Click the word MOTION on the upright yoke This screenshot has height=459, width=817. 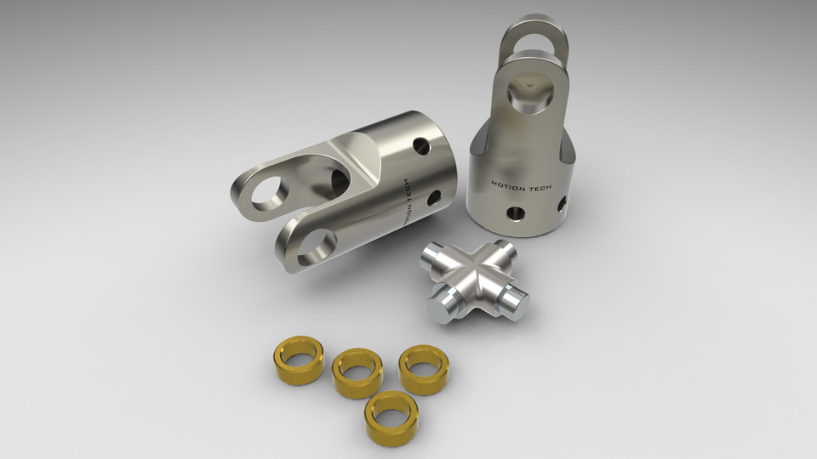[507, 184]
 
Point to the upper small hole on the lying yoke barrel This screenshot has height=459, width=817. [419, 146]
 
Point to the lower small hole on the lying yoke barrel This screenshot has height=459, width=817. [434, 199]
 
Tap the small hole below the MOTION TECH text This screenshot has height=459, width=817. [514, 212]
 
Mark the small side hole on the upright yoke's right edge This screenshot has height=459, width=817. [562, 204]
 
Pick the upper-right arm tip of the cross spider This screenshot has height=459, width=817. [505, 249]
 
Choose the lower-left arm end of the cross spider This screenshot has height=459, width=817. [442, 307]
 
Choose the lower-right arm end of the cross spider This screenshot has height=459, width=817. [516, 300]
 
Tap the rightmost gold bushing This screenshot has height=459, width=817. [423, 368]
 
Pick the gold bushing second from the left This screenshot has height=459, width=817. [357, 371]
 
